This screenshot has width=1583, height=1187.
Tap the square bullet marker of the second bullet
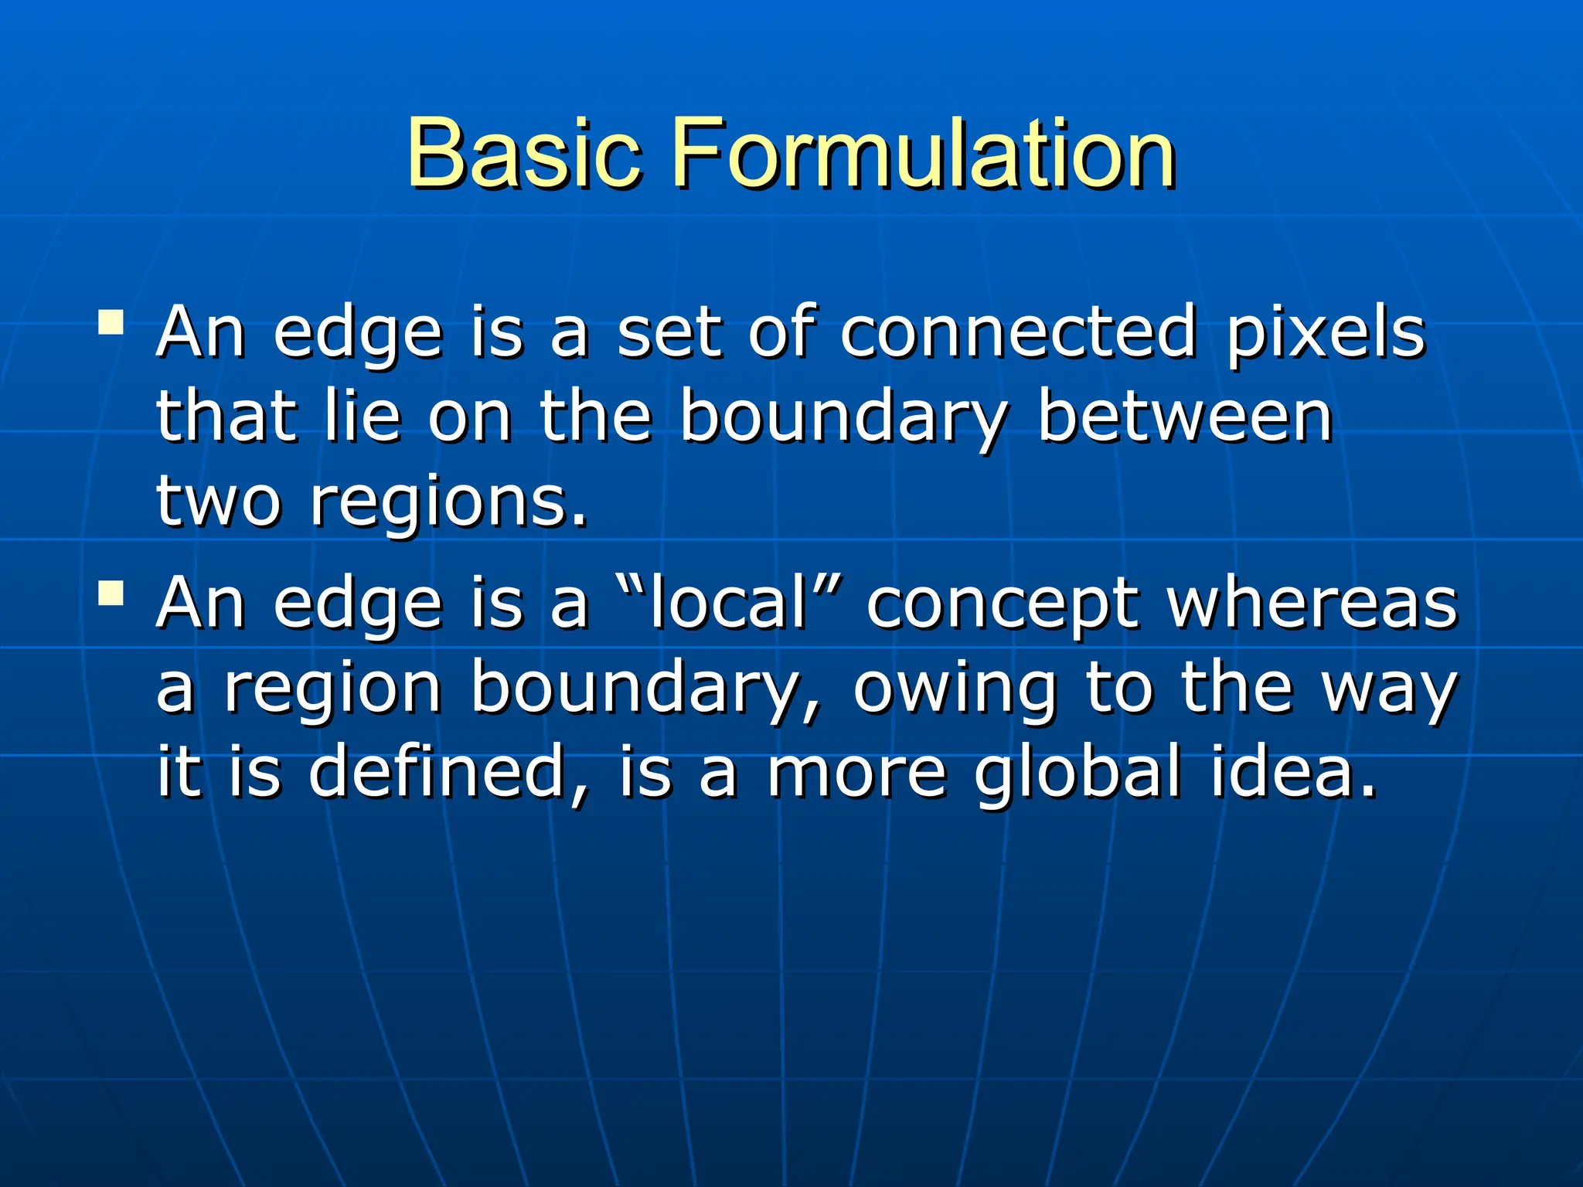111,593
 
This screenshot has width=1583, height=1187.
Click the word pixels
1326,334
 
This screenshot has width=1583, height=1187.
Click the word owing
955,690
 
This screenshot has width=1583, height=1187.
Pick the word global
1077,773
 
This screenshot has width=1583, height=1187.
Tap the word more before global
856,773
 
